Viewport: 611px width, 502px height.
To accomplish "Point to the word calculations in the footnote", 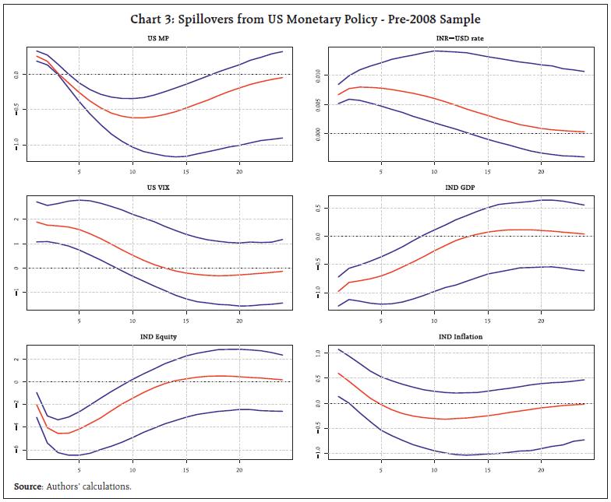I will coord(109,486).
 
